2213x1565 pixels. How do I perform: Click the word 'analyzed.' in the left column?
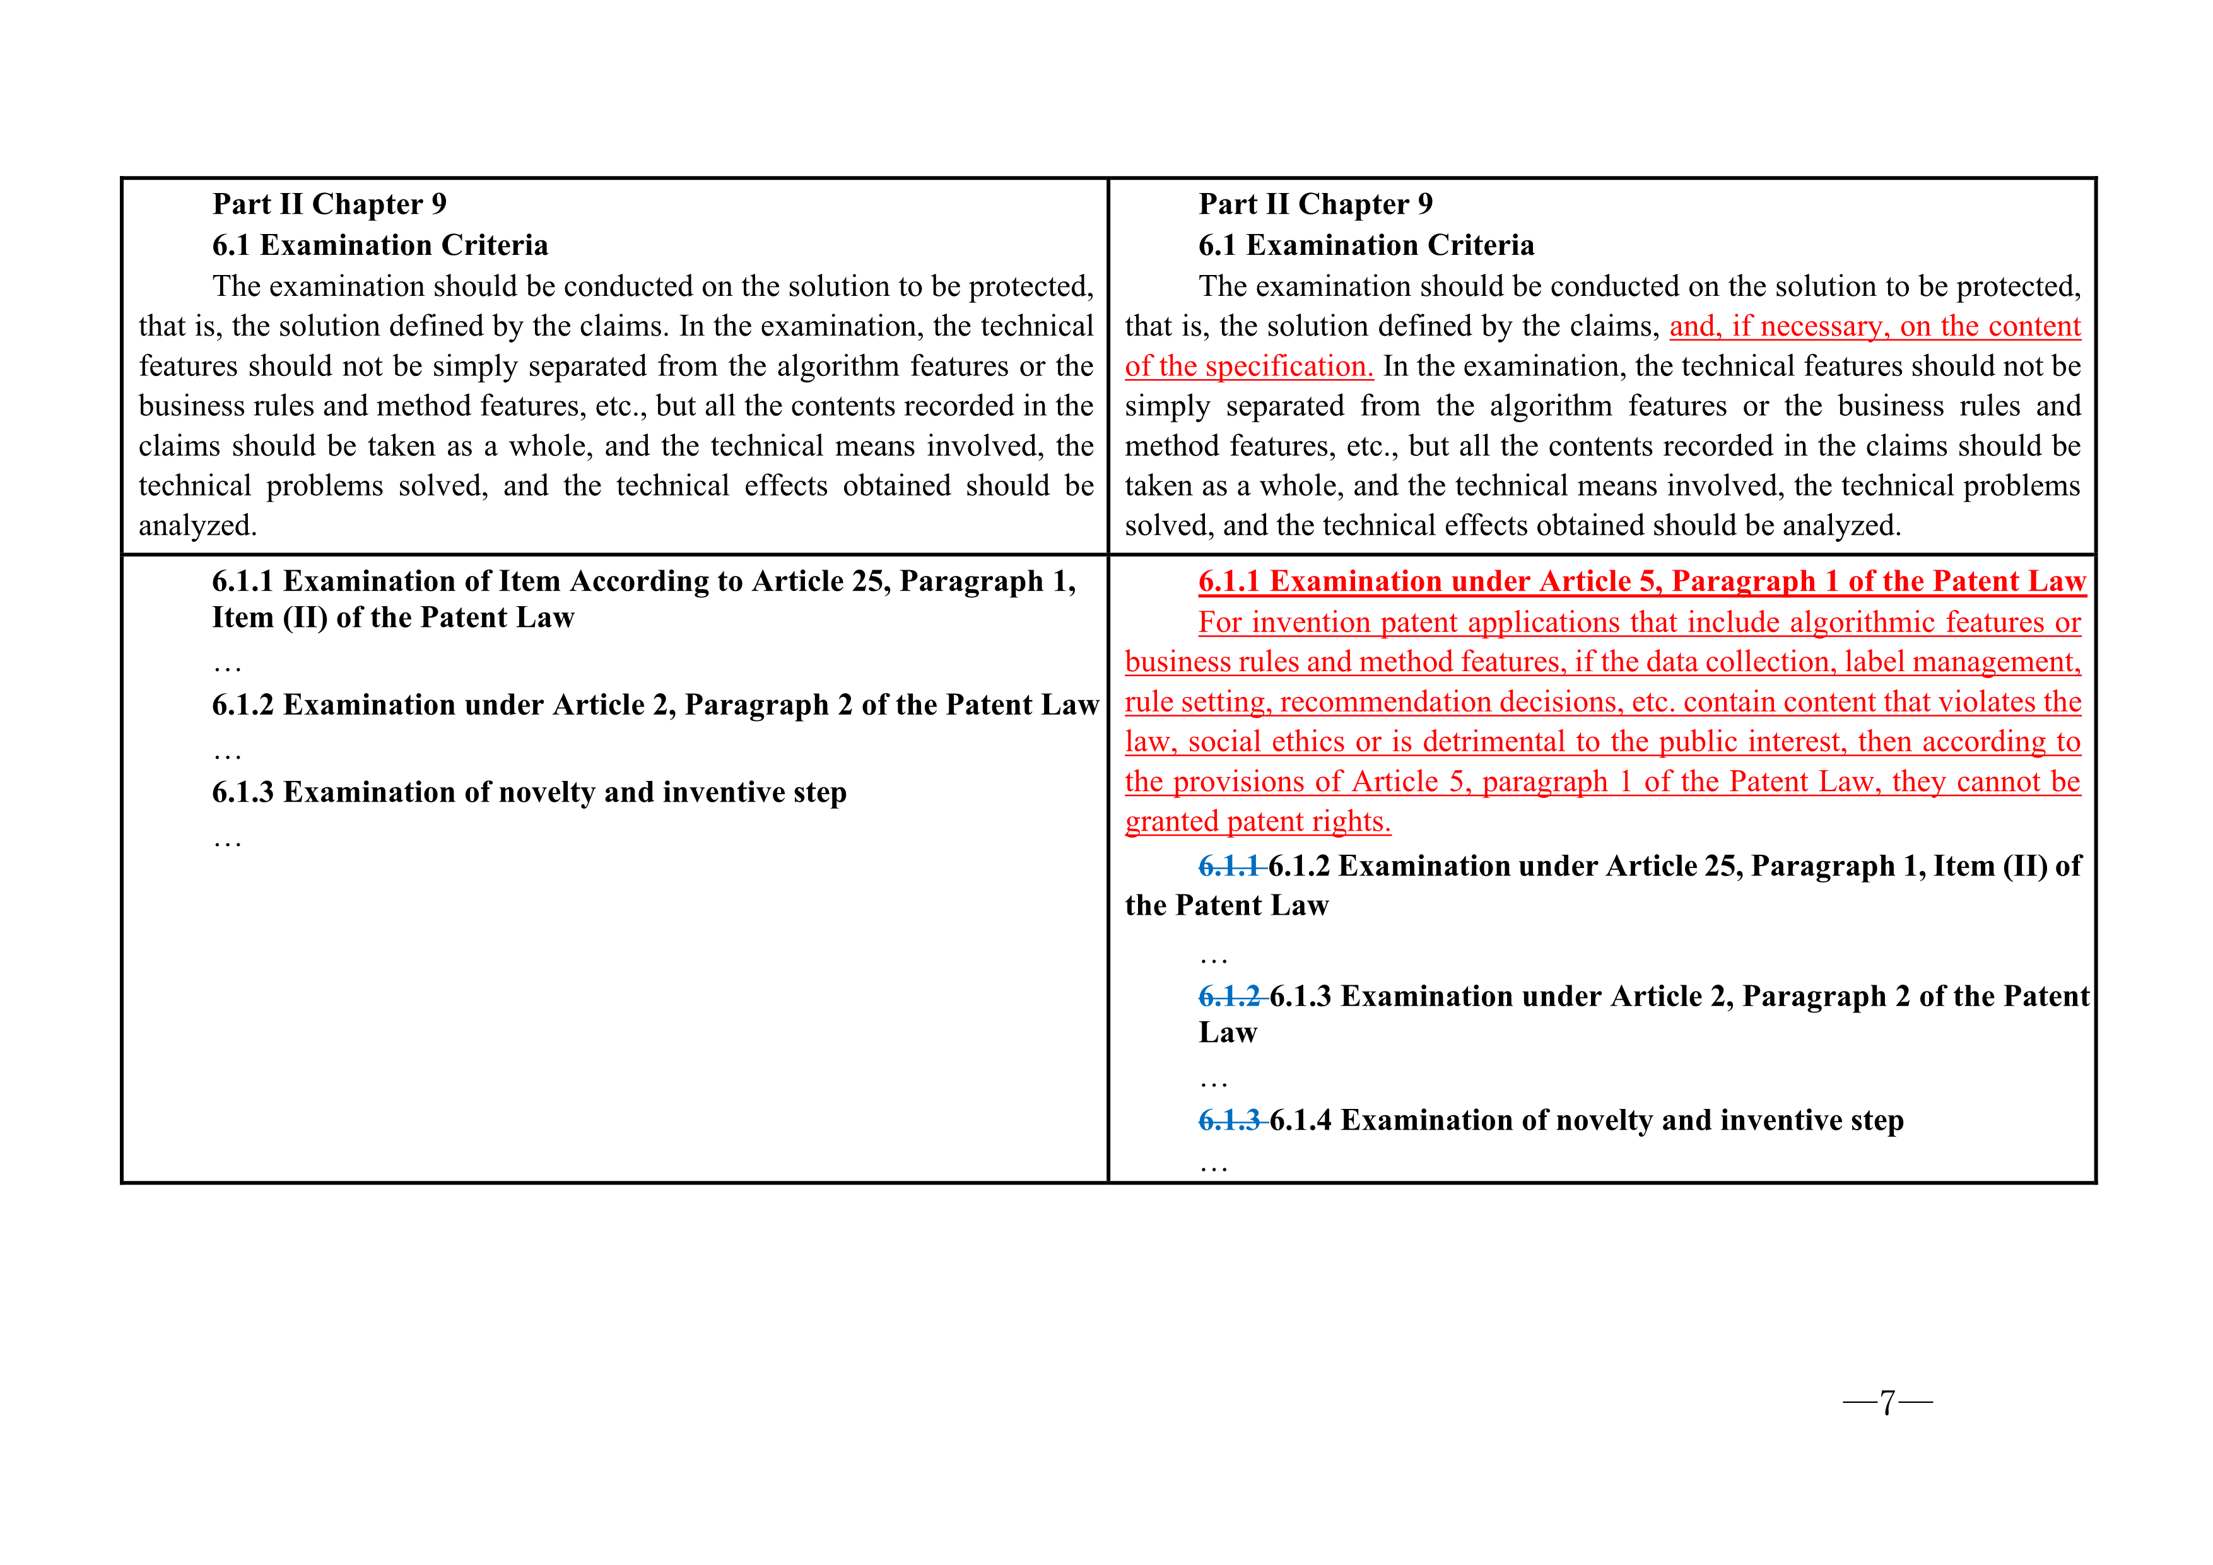pos(197,526)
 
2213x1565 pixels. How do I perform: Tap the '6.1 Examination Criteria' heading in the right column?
pos(1366,246)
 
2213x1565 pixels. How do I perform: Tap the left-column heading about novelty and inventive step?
pos(529,792)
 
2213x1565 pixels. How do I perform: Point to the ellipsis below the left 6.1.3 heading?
pos(228,842)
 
